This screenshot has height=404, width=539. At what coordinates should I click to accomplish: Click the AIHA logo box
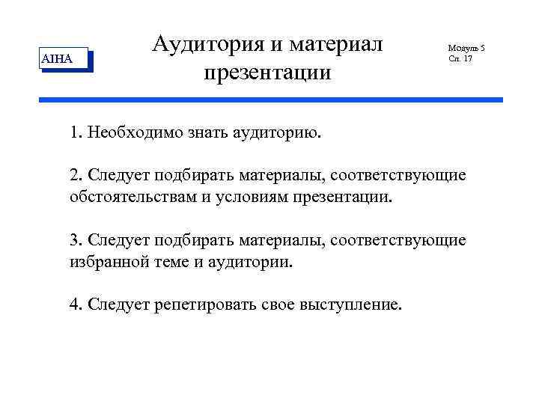point(63,59)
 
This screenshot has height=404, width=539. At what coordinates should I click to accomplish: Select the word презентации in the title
point(267,73)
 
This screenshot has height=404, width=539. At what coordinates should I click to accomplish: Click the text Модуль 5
point(466,48)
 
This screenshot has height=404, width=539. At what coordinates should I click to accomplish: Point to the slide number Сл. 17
point(460,58)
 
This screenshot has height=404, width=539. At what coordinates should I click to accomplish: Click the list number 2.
point(75,176)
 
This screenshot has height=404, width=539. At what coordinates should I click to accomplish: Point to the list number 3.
point(75,240)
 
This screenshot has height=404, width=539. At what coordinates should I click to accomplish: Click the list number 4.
point(75,304)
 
